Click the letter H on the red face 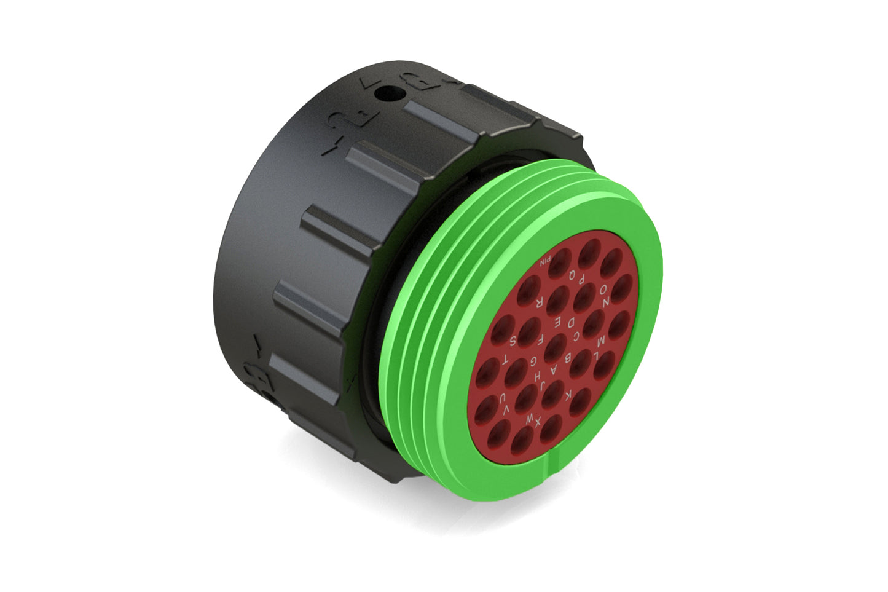point(537,375)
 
